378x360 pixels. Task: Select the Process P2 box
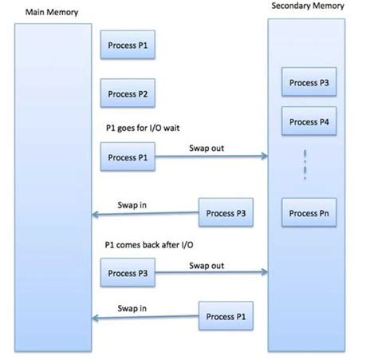(128, 94)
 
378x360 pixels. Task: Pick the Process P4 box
(308, 122)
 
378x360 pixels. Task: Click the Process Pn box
(308, 213)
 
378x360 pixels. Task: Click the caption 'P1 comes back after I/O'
(148, 246)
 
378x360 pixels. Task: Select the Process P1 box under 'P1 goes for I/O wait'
(128, 156)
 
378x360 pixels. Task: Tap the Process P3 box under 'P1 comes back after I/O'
(128, 274)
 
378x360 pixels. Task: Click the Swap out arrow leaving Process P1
(211, 157)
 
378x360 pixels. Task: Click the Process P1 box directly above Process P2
(128, 46)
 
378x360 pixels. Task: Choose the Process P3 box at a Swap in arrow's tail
(226, 213)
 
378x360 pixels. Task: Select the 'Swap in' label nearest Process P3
(132, 205)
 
